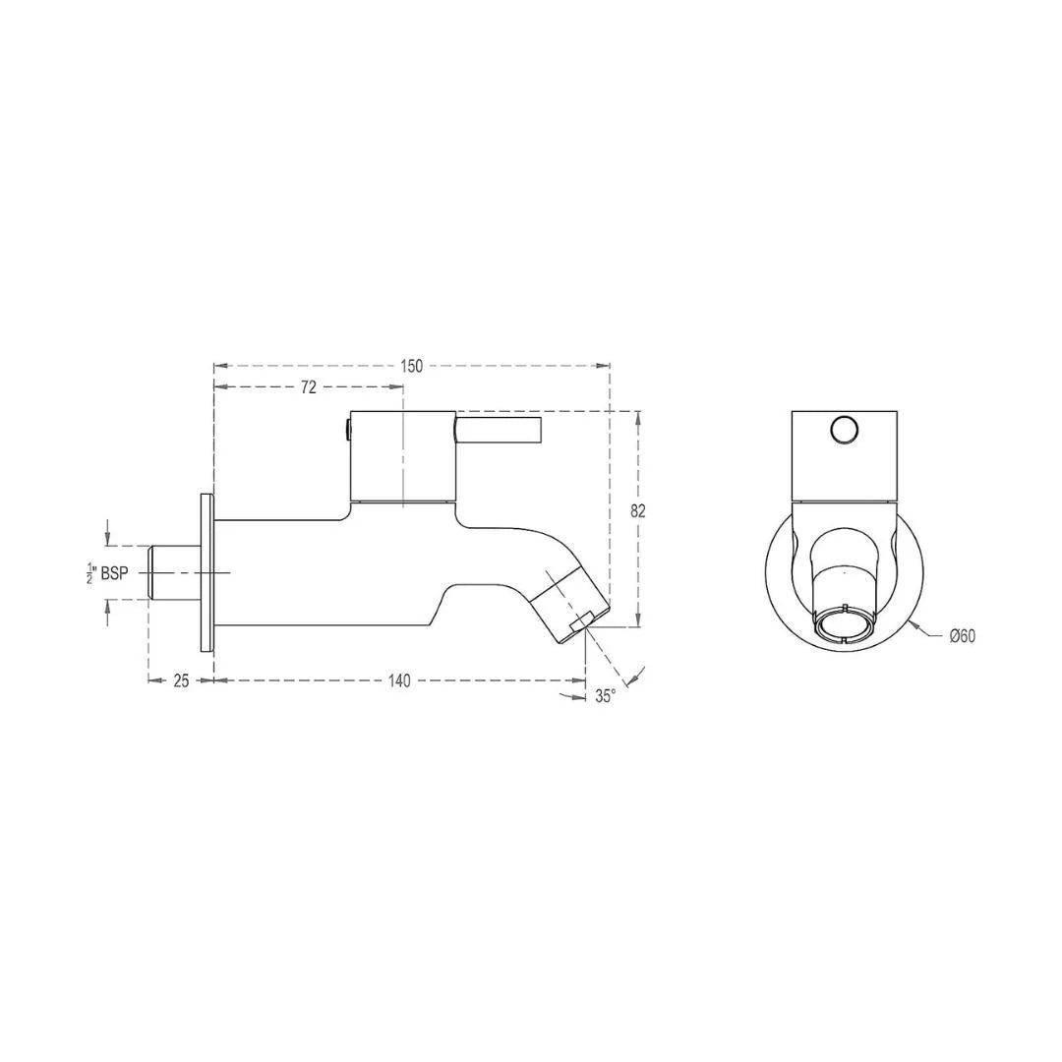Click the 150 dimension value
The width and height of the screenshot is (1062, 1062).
click(412, 366)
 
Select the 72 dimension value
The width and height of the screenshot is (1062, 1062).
click(309, 387)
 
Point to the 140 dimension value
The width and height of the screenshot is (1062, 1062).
click(399, 681)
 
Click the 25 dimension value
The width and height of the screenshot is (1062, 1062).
click(181, 681)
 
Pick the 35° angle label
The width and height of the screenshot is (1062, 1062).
click(605, 695)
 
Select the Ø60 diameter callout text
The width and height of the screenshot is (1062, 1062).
click(962, 636)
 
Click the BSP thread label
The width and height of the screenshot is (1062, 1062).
click(114, 573)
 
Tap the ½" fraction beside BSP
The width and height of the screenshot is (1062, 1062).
click(91, 573)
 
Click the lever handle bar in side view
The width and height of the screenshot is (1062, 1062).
click(499, 429)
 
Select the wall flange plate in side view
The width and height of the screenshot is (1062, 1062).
click(206, 572)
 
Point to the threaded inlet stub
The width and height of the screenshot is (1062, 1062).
click(173, 572)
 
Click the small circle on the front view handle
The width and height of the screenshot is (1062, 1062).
click(844, 430)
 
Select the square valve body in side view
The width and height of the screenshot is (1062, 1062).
click(403, 455)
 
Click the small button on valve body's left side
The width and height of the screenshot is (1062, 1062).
click(347, 428)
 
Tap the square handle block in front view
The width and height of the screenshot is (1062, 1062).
click(844, 455)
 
